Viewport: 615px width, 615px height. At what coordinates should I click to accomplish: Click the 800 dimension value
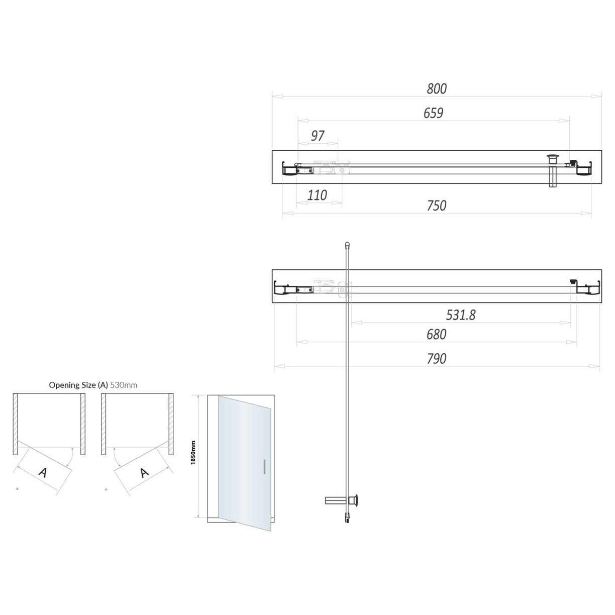coord(436,89)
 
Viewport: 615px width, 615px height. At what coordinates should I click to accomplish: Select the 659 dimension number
coord(433,113)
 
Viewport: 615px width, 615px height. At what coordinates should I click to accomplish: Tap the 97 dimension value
coord(318,136)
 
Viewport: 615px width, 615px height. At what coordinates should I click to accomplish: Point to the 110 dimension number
coord(317,195)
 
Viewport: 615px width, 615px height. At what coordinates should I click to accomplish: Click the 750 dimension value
coord(436,206)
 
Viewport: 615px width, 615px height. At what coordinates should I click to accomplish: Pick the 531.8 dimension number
coord(461,315)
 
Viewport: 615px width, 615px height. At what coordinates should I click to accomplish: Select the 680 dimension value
coord(436,334)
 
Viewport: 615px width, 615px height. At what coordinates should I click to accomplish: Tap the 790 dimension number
coord(436,359)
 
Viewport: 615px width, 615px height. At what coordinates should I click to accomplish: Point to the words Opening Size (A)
coord(78,385)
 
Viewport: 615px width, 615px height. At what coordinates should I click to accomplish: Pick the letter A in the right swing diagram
coord(144,472)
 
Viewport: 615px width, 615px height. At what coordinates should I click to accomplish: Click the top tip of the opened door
coord(346,245)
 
